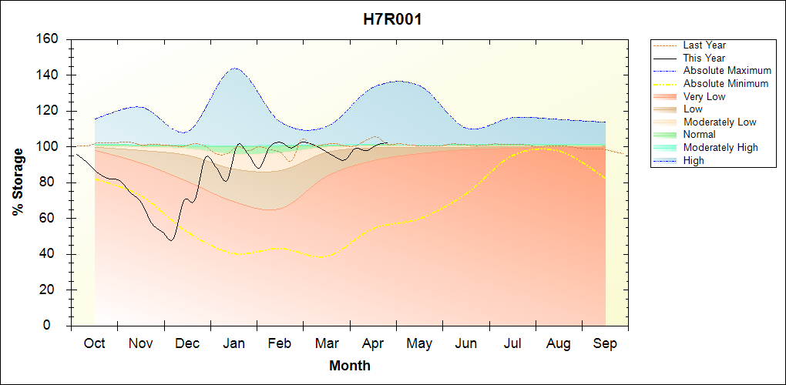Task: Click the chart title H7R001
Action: coord(392,19)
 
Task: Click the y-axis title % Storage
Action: coord(18,182)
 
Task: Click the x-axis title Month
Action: coord(349,365)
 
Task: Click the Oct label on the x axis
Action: coord(94,343)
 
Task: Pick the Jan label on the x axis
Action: coord(233,343)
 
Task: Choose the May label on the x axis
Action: coord(419,343)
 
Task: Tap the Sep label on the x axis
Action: coord(605,343)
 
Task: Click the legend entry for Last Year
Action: coord(704,45)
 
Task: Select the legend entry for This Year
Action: coord(704,58)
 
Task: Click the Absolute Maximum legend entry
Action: coord(727,71)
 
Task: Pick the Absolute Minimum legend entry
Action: coord(725,83)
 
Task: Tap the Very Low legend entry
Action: coord(704,96)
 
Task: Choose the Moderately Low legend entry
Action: coord(720,122)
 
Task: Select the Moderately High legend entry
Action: coord(720,147)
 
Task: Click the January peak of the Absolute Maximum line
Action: coord(234,68)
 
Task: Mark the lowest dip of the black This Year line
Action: coord(170,240)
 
